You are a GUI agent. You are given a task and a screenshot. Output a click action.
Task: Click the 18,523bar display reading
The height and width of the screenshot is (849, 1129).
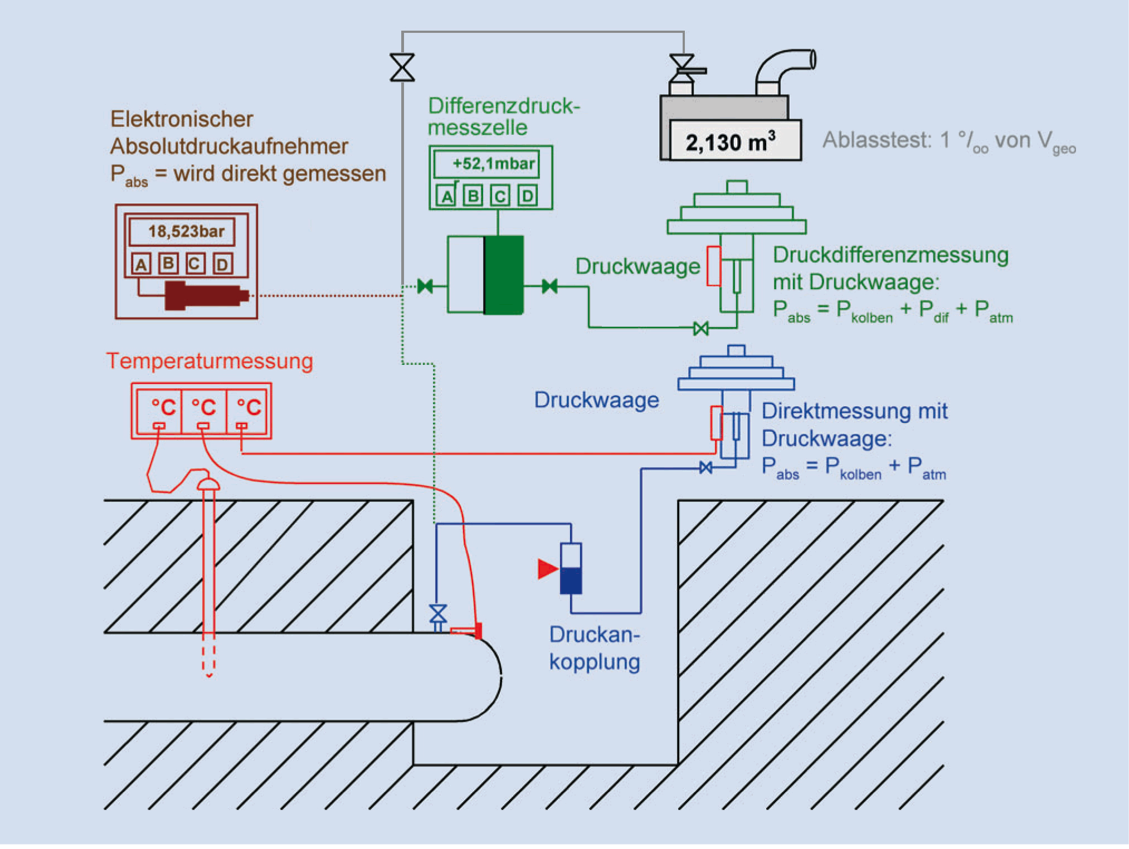[x=186, y=231]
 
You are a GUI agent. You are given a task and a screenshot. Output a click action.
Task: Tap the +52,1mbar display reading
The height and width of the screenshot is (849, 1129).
[x=493, y=164]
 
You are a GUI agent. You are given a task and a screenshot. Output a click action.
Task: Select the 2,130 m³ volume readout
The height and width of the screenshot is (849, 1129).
[x=730, y=142]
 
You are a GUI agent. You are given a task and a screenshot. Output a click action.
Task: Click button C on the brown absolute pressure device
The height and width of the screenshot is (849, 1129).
[x=194, y=264]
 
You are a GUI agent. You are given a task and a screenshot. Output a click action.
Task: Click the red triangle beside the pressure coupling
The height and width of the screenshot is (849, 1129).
[x=547, y=569]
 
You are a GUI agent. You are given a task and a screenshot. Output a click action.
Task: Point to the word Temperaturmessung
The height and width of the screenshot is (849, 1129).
[x=210, y=361]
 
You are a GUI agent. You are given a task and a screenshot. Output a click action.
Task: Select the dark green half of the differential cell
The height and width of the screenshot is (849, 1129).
[x=504, y=275]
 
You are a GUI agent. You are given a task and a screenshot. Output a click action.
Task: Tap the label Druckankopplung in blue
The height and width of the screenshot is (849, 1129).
[x=595, y=648]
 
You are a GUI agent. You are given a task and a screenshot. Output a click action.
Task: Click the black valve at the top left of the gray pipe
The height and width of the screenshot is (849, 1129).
[x=402, y=67]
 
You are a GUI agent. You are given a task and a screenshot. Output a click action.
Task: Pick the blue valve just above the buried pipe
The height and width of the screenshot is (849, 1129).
[x=438, y=613]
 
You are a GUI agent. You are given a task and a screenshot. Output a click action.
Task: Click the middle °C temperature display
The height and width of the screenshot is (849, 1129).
[x=203, y=408]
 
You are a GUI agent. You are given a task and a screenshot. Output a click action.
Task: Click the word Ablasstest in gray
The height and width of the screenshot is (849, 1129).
[x=877, y=140]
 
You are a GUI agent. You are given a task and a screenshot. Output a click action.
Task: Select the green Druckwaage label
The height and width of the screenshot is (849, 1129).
[x=637, y=266]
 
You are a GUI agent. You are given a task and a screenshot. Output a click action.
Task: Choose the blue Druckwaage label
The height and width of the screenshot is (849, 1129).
[x=596, y=400]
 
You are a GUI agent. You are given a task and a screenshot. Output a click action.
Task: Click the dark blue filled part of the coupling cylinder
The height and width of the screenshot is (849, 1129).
[x=571, y=580]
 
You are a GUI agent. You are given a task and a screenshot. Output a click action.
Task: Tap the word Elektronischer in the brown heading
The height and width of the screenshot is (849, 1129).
[x=182, y=119]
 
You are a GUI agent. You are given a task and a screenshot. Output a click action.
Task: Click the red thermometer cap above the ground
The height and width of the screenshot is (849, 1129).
[x=209, y=484]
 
